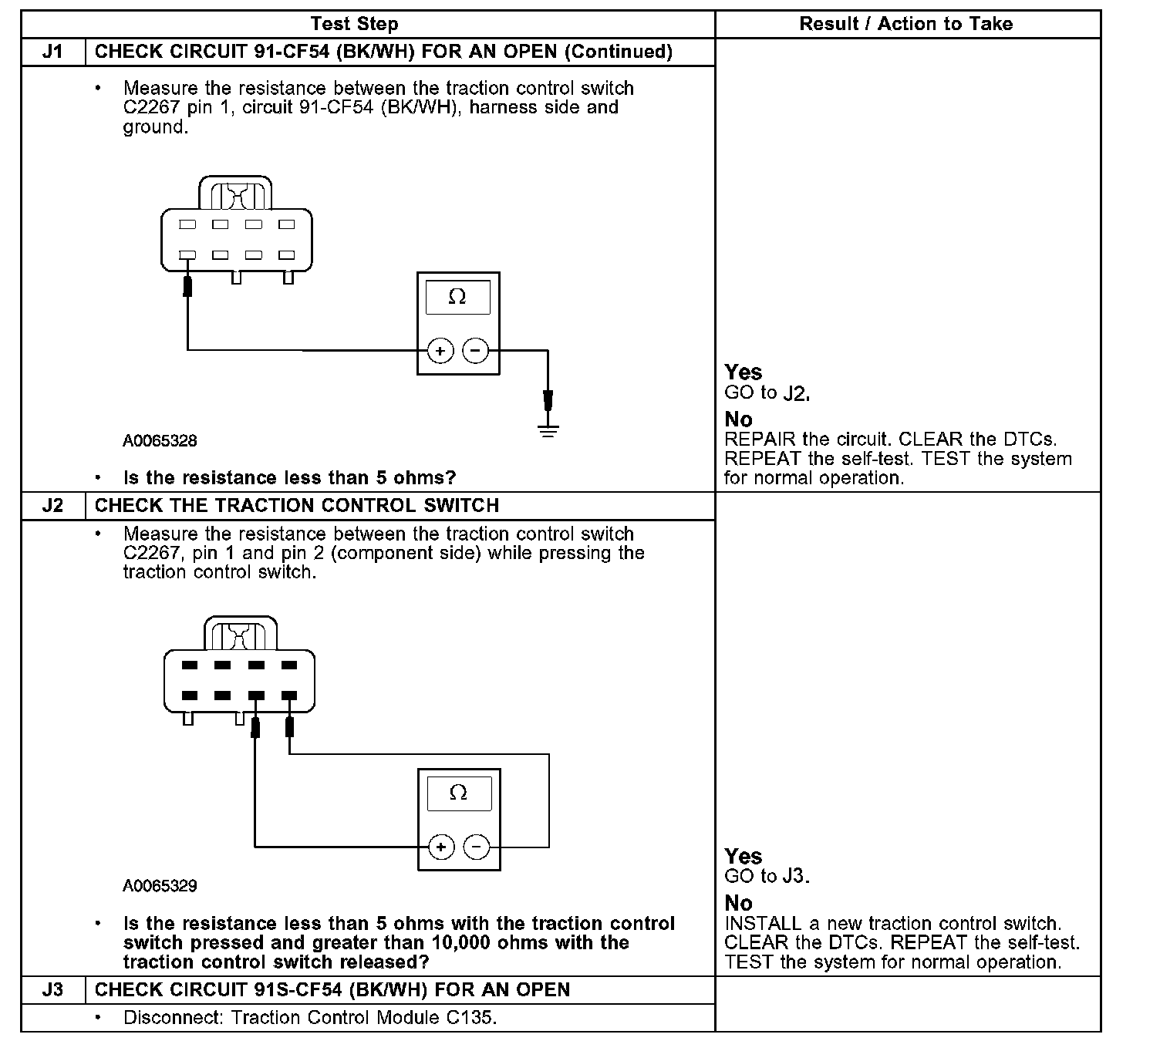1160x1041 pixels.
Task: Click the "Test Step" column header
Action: (x=355, y=24)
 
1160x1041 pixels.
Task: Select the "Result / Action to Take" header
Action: (x=905, y=24)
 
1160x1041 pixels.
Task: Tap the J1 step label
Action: (x=52, y=52)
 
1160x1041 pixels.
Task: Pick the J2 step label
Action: (x=52, y=506)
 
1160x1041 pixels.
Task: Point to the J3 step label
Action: (x=52, y=989)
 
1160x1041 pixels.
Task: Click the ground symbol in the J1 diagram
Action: (x=548, y=430)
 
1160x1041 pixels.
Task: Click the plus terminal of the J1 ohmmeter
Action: (x=440, y=352)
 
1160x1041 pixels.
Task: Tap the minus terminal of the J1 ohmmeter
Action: (x=475, y=352)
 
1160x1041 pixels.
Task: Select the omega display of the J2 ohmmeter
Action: (x=458, y=793)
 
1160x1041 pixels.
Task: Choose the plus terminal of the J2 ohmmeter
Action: (x=440, y=847)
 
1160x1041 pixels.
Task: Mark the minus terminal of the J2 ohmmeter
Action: (x=477, y=847)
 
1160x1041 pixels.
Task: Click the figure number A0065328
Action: (x=160, y=441)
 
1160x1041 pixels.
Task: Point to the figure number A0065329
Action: (x=160, y=886)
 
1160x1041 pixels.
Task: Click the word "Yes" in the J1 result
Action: (x=743, y=372)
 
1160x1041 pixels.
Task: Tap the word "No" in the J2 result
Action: (x=738, y=903)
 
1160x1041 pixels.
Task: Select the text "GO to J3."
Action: (x=767, y=876)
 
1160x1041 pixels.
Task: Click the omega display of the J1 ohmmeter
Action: (x=457, y=297)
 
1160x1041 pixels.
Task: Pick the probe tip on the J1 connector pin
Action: (x=187, y=286)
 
